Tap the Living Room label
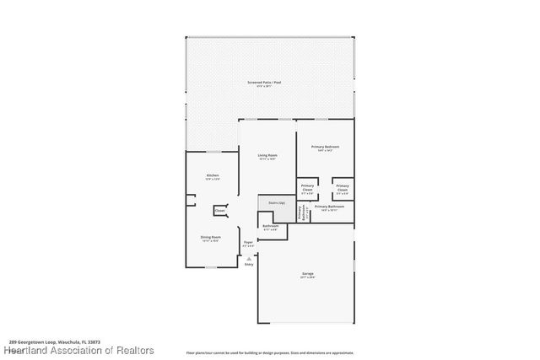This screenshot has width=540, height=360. [x=267, y=155]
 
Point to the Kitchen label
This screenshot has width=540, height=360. [x=213, y=175]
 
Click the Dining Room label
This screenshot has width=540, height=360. [x=210, y=238]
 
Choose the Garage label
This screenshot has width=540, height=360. [x=307, y=274]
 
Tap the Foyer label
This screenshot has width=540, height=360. [x=248, y=243]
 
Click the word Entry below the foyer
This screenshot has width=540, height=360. [x=249, y=265]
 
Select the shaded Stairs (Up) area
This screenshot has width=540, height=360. [x=274, y=205]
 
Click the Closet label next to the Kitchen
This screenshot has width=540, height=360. [x=219, y=211]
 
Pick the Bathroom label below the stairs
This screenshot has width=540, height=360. [x=270, y=225]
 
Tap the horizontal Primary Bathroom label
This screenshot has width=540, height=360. [x=329, y=207]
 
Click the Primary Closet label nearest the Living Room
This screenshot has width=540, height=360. [x=308, y=186]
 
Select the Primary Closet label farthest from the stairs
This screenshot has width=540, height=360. [x=342, y=186]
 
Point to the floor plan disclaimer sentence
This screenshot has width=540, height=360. [x=270, y=352]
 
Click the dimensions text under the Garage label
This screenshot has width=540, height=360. [x=307, y=278]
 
